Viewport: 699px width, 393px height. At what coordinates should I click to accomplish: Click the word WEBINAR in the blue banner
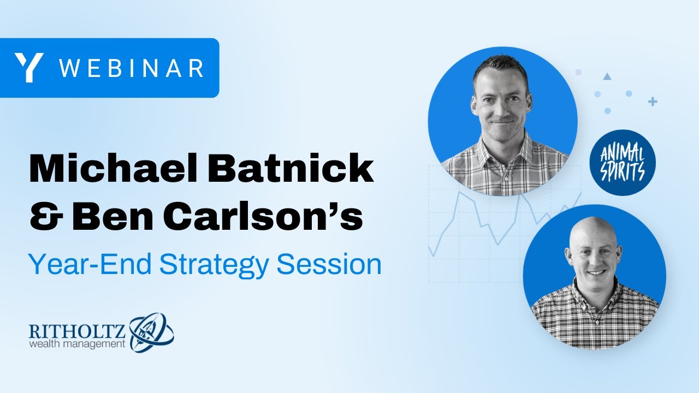point(131,68)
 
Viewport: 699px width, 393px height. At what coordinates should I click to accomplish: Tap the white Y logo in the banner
point(29,68)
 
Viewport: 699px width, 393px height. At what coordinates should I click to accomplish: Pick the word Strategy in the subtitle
point(216,265)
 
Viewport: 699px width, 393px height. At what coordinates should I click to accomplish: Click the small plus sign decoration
point(652,102)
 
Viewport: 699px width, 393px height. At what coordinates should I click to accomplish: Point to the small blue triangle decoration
point(607,76)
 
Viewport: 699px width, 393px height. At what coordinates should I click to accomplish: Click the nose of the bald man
point(595,257)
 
